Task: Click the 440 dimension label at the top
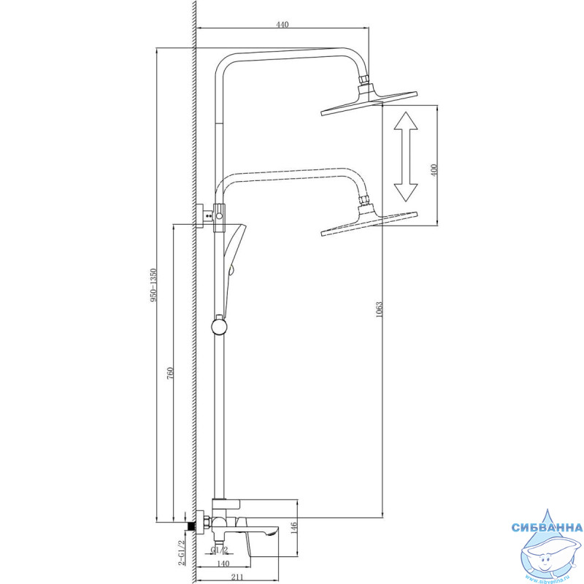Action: coord(283,25)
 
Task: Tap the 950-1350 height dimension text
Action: coord(153,285)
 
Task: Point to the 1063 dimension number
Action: coord(379,310)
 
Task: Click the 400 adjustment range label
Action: coord(433,170)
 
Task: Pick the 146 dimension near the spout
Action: coord(293,529)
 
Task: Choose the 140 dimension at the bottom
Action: coord(223,564)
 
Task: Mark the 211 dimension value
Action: coord(237,577)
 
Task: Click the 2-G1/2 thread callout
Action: coord(181,553)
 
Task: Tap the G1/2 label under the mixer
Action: coord(219,550)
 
